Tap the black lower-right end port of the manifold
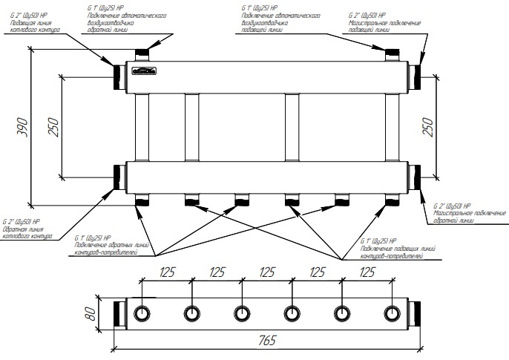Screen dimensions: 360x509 (x=419, y=176)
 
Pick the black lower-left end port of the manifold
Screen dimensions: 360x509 (x=119, y=176)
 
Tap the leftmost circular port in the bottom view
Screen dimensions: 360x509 (x=141, y=312)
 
